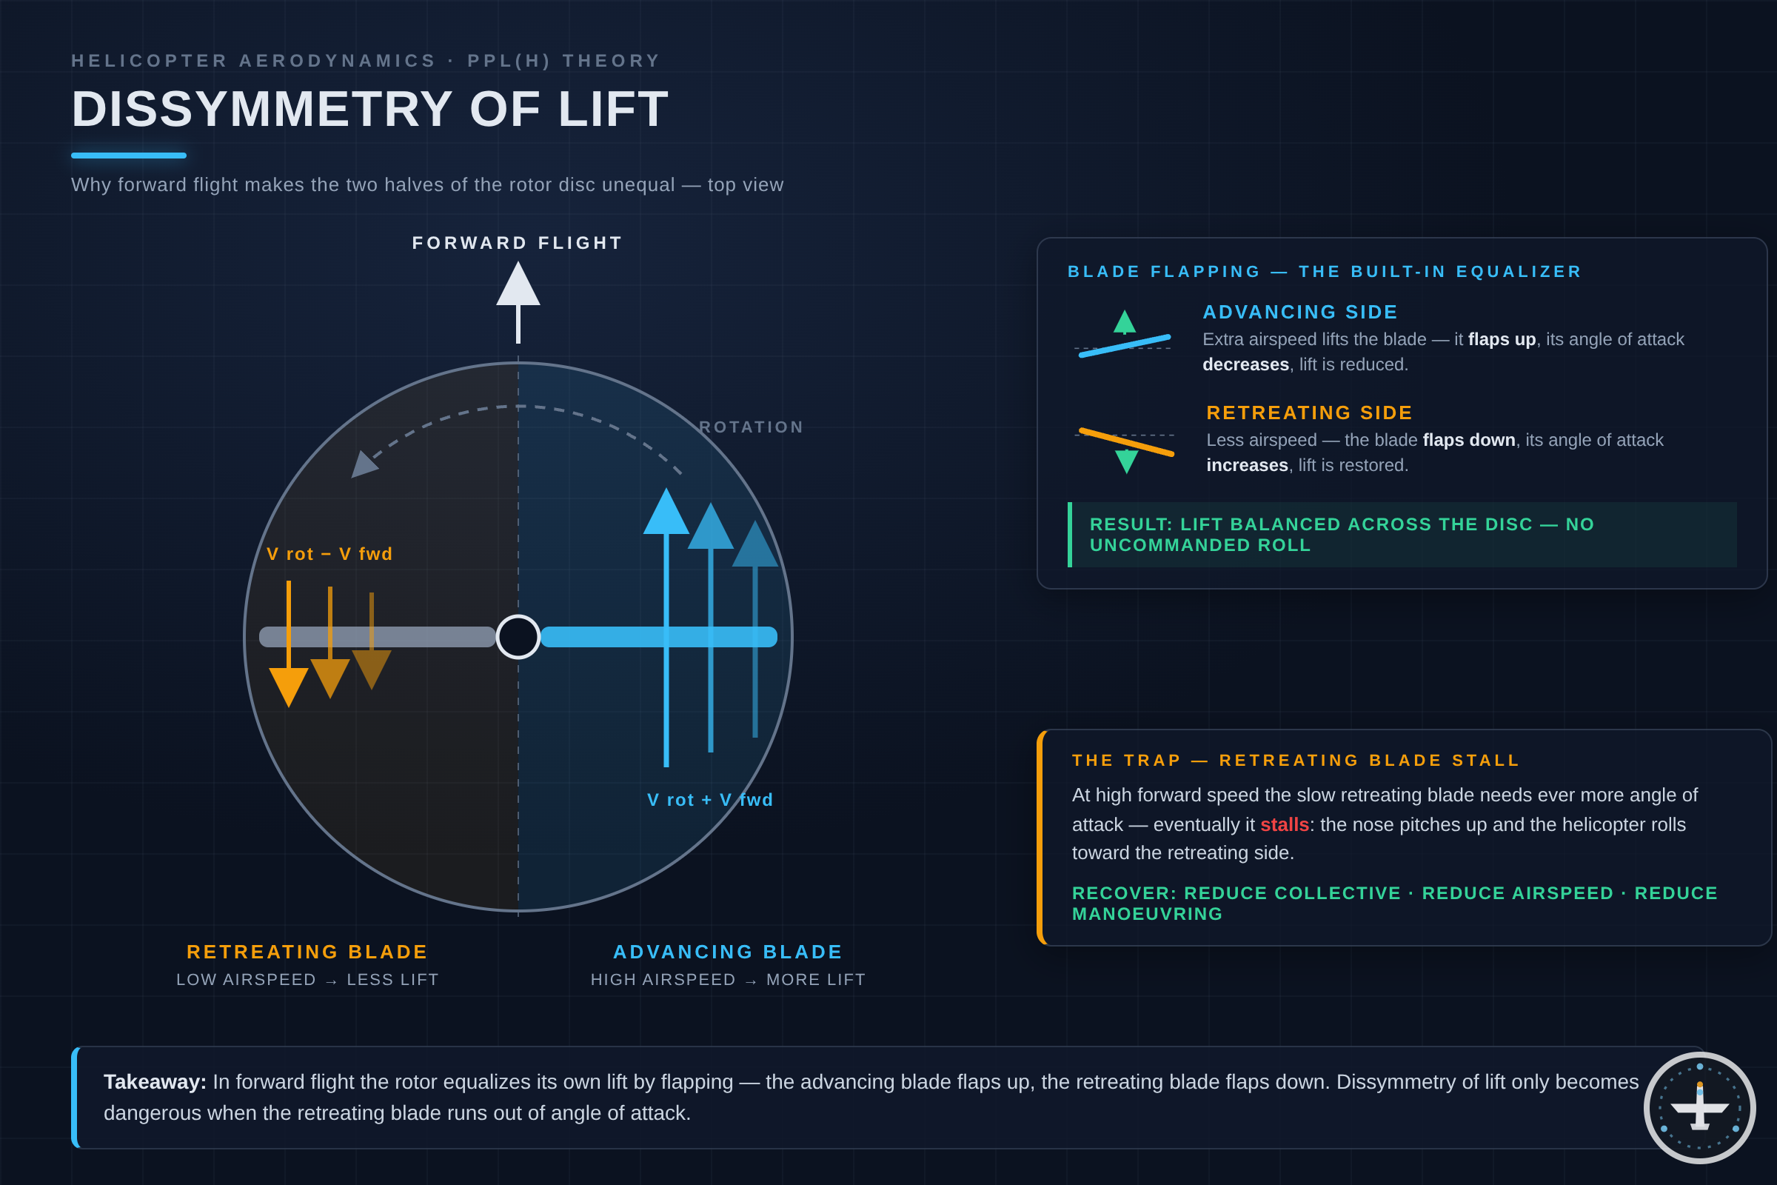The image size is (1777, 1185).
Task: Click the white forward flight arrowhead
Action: coord(518,284)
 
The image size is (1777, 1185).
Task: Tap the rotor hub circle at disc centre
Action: coord(518,637)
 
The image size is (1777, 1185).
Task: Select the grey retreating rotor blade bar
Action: coord(377,637)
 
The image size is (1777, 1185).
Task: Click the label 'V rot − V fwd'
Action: coord(329,554)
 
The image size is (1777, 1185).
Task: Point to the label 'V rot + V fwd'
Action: coord(710,800)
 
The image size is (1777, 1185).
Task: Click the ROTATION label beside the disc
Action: coord(751,427)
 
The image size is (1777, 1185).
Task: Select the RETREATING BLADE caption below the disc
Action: coord(307,952)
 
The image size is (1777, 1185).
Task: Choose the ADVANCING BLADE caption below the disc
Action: coord(728,952)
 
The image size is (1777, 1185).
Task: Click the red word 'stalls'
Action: coord(1285,824)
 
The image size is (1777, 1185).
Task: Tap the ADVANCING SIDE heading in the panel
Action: coord(1300,312)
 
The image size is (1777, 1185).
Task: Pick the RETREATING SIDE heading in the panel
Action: coord(1309,413)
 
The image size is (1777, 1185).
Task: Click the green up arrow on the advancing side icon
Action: coord(1124,322)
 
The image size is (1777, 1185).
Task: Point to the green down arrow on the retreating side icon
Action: coord(1126,461)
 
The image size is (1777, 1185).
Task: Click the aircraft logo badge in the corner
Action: coord(1700,1108)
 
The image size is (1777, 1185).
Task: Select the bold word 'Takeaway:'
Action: coord(155,1082)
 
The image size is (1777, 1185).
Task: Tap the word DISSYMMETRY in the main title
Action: coord(262,109)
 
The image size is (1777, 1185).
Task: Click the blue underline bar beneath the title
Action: coord(128,156)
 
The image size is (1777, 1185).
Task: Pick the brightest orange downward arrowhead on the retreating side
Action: coord(289,687)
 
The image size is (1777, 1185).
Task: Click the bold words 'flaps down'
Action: coord(1469,440)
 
